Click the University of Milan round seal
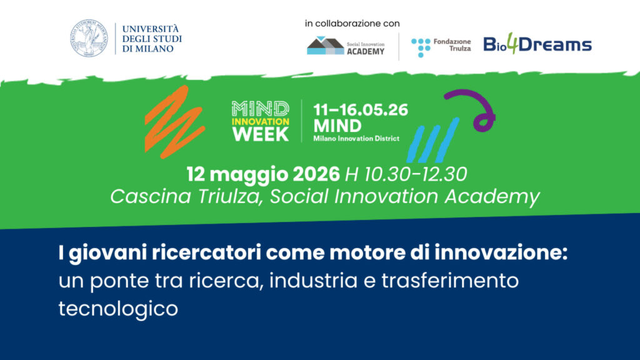coord(89,39)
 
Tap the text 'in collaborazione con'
coord(352,23)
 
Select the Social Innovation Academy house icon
coord(325,46)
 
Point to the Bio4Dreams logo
coord(537,44)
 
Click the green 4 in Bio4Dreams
coord(512,44)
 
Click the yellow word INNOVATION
coord(261,121)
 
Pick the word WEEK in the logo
coord(261,133)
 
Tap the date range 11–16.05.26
coord(361,111)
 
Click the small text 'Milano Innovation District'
coord(356,138)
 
